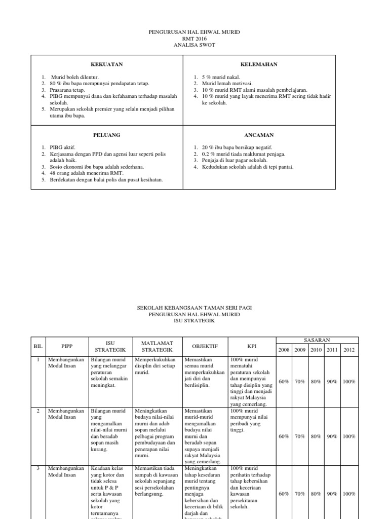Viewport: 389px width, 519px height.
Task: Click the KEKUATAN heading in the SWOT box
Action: pos(107,64)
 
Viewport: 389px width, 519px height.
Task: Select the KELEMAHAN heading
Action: pos(259,64)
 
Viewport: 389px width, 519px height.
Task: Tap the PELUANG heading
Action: pos(107,135)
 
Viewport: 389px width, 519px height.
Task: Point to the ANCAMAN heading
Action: pos(259,135)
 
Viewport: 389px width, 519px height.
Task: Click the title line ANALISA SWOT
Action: pos(194,45)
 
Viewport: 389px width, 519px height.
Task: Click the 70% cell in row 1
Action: pos(300,381)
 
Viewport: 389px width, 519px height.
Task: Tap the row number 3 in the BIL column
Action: pos(38,469)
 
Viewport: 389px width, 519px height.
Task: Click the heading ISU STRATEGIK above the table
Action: pos(194,321)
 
